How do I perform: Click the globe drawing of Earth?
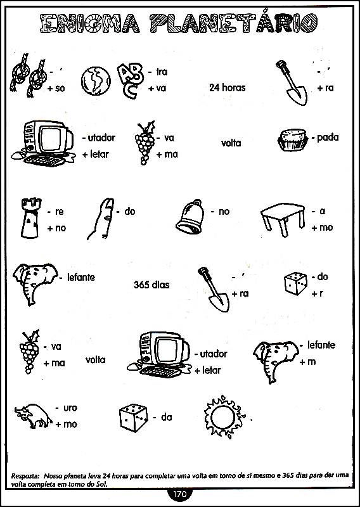click(96, 81)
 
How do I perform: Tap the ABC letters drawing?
click(130, 80)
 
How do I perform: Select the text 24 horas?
click(227, 87)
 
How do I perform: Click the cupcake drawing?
click(293, 139)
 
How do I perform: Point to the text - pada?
click(325, 138)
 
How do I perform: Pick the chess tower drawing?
click(30, 217)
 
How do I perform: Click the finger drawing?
click(101, 219)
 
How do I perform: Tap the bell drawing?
click(191, 215)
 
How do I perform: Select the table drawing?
click(283, 219)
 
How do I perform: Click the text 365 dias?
click(151, 285)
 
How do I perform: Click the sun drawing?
click(225, 416)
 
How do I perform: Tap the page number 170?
click(180, 494)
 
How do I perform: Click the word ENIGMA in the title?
click(90, 23)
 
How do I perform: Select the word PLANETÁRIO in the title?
click(233, 23)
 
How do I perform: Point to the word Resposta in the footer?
click(25, 476)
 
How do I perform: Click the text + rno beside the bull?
click(66, 424)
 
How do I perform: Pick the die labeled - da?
click(133, 418)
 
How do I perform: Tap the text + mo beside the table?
click(322, 228)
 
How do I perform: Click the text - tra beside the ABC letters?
click(158, 72)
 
